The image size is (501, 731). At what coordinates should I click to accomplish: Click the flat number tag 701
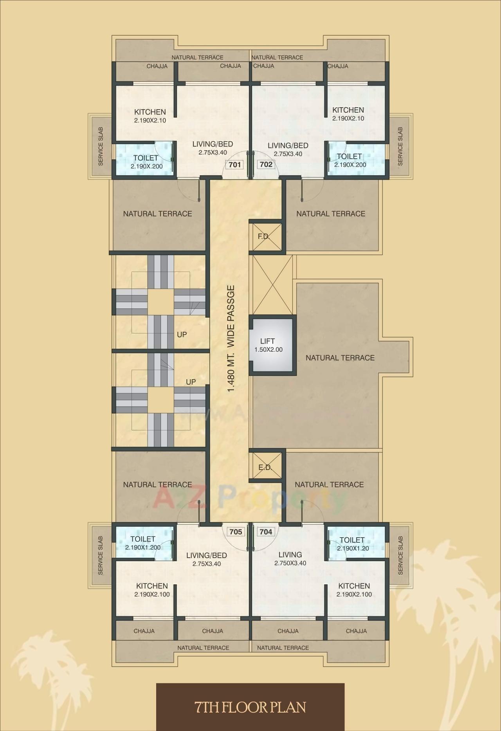pyautogui.click(x=234, y=164)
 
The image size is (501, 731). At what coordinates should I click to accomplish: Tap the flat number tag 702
pyautogui.click(x=266, y=164)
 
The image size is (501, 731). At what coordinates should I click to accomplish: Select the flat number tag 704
pyautogui.click(x=266, y=531)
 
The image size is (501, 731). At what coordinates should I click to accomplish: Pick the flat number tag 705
pyautogui.click(x=236, y=531)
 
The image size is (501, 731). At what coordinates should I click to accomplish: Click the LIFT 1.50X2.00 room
pyautogui.click(x=271, y=345)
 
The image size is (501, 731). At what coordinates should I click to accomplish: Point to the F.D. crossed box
pyautogui.click(x=266, y=236)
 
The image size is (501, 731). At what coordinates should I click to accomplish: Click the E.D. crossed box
pyautogui.click(x=266, y=466)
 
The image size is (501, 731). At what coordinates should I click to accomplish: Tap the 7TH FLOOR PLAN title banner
pyautogui.click(x=250, y=706)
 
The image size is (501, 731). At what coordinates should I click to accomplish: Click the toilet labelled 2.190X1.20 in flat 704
pyautogui.click(x=352, y=544)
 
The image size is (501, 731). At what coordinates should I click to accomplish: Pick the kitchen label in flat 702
pyautogui.click(x=348, y=113)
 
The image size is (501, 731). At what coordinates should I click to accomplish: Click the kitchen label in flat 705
pyautogui.click(x=152, y=589)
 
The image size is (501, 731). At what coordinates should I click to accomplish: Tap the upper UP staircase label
pyautogui.click(x=182, y=335)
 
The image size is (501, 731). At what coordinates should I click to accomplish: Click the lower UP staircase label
pyautogui.click(x=191, y=382)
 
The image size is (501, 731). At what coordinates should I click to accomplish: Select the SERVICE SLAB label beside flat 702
pyautogui.click(x=400, y=146)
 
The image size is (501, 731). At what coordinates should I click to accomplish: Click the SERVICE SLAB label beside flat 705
pyautogui.click(x=101, y=555)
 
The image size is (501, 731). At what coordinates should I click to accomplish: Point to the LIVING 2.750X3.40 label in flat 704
pyautogui.click(x=290, y=558)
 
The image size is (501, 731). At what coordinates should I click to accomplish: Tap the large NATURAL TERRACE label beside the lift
pyautogui.click(x=340, y=358)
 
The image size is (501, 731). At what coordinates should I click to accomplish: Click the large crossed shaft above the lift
pyautogui.click(x=273, y=284)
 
